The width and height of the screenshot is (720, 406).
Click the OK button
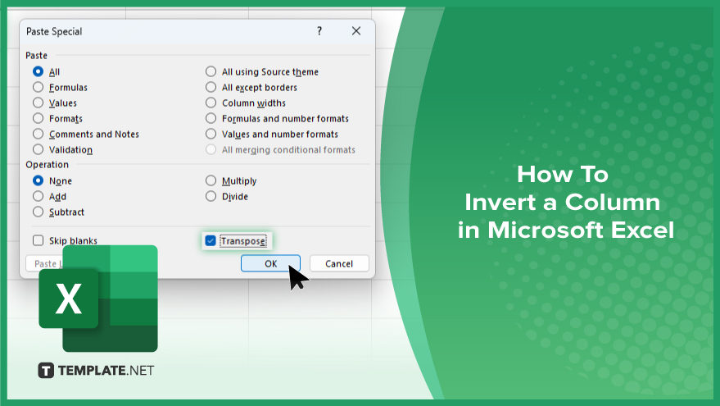270,263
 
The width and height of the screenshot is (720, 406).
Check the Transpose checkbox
211,240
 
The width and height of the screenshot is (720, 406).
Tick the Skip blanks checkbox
38,240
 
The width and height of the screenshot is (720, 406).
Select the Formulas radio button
38,87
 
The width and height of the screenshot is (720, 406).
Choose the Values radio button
38,103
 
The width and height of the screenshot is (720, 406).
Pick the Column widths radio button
211,103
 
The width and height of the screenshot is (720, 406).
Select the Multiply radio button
211,180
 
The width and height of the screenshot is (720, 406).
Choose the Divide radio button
211,196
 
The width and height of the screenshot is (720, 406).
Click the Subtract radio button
38,212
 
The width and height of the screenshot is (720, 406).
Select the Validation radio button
38,149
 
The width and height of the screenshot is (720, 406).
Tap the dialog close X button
355,31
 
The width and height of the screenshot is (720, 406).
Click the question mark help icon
319,31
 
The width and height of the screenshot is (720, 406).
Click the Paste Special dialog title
54,31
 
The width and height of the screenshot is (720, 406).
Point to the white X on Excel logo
69,299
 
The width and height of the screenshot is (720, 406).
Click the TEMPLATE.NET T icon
46,371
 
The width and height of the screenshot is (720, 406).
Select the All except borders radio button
211,87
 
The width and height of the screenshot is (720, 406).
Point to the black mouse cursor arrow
297,276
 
